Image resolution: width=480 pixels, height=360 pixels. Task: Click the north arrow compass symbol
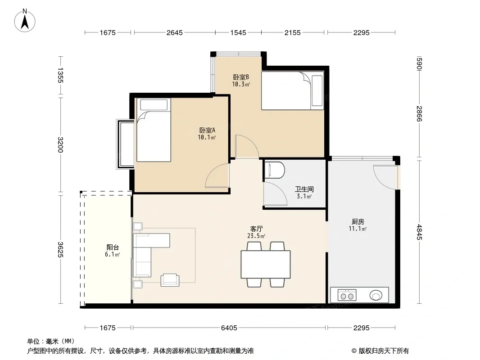(25, 21)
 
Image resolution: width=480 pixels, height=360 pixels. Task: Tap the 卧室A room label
(207, 130)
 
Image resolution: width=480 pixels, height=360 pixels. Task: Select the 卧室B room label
(241, 77)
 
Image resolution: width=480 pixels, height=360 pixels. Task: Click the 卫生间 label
(304, 189)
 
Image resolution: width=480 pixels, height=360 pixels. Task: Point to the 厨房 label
(358, 221)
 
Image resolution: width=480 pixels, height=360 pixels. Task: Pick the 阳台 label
(113, 247)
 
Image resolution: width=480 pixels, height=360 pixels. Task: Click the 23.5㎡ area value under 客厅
(256, 236)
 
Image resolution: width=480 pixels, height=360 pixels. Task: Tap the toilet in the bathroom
(274, 170)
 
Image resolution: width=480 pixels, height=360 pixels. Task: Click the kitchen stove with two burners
(347, 295)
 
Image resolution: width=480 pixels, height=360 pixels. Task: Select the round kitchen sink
(376, 296)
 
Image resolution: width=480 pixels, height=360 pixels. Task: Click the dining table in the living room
(265, 264)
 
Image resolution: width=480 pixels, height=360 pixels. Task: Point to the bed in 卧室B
(292, 90)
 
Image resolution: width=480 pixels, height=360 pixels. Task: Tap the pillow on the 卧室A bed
(154, 105)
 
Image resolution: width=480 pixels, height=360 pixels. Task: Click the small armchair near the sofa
(170, 280)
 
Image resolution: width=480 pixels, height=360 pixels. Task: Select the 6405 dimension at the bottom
(229, 328)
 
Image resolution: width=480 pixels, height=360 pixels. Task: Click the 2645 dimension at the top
(175, 32)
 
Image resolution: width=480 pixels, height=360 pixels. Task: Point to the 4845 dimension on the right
(419, 232)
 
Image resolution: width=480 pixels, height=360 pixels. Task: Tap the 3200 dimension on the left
(60, 144)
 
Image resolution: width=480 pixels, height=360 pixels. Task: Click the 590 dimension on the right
(419, 63)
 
